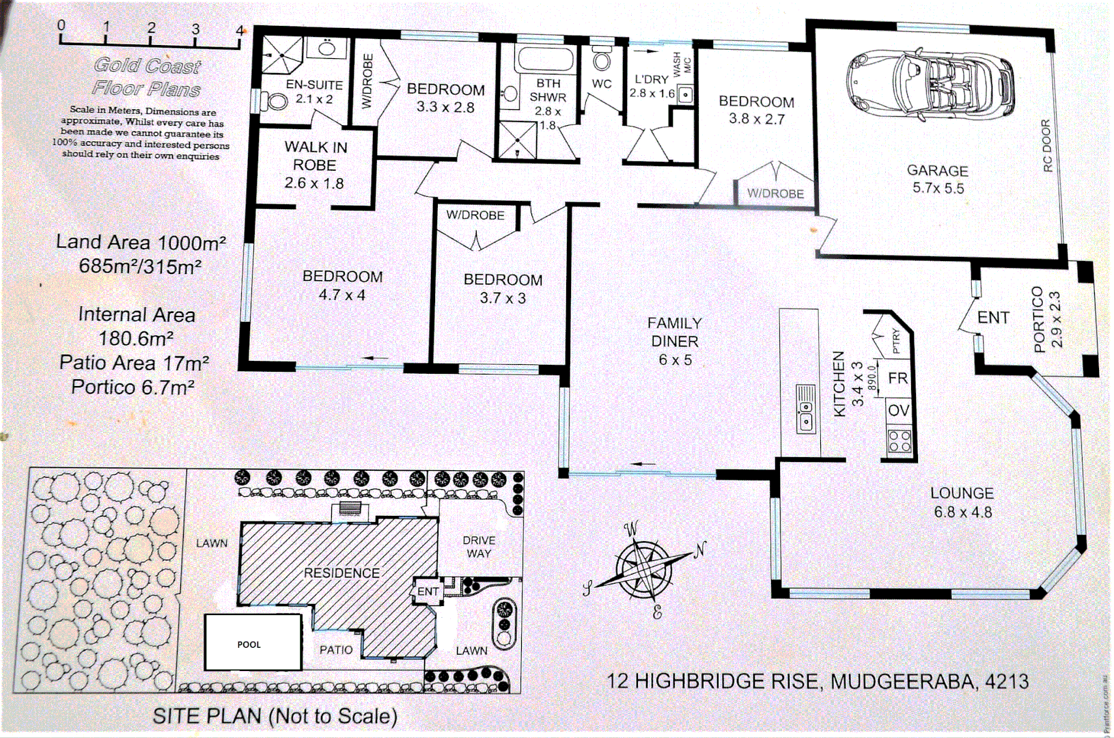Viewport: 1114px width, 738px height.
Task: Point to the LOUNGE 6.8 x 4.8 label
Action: pyautogui.click(x=962, y=502)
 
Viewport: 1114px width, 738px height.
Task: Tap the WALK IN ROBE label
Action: pyautogui.click(x=315, y=165)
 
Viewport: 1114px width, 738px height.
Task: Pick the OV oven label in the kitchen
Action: pyautogui.click(x=898, y=410)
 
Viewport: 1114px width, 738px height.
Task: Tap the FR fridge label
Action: pyautogui.click(x=897, y=378)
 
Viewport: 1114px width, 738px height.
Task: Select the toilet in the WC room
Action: pyautogui.click(x=602, y=59)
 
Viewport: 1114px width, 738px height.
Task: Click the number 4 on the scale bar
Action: pyautogui.click(x=240, y=30)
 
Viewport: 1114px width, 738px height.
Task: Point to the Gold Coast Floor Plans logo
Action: pyautogui.click(x=147, y=77)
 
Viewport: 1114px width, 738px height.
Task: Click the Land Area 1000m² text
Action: pyautogui.click(x=141, y=242)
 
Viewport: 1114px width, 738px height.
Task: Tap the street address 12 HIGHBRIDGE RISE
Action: pyautogui.click(x=818, y=681)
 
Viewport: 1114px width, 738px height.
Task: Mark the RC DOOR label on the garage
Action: pyautogui.click(x=1046, y=146)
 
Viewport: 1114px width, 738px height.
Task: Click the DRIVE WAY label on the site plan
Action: pyautogui.click(x=479, y=547)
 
